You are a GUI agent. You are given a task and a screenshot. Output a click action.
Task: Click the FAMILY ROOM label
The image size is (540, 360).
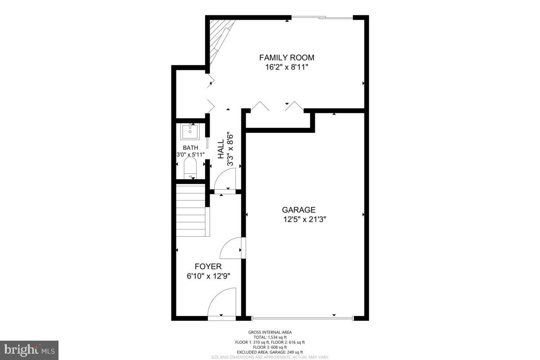[x=287, y=58]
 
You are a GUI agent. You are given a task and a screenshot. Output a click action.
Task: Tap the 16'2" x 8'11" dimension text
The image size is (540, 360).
[x=287, y=67]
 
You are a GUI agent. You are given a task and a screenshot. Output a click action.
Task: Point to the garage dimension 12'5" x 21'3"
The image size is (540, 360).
[x=304, y=220]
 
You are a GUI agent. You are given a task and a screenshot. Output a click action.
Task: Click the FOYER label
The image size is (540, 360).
[x=208, y=266]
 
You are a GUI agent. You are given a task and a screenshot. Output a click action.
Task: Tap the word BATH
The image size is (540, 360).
[x=190, y=148]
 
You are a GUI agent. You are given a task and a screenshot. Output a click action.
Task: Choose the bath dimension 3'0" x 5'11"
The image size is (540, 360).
[x=190, y=155]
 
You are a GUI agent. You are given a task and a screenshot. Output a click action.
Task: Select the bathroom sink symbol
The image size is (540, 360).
[x=189, y=132]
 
